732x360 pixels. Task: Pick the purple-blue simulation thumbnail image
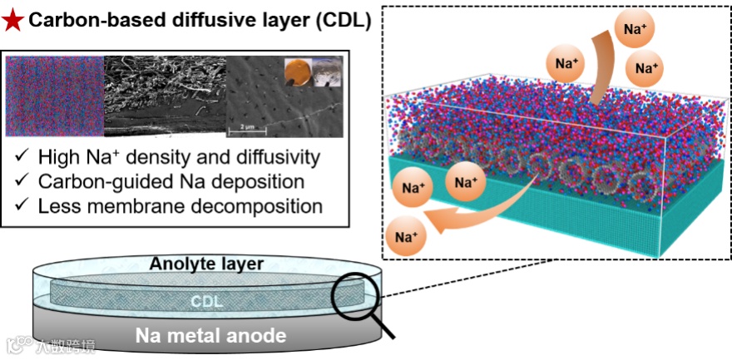[55, 96]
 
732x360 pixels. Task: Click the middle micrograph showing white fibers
[165, 96]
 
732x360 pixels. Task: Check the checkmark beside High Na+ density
[23, 156]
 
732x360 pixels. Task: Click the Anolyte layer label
[206, 264]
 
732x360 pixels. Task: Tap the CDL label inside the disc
[206, 301]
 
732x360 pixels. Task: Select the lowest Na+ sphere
[406, 238]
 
